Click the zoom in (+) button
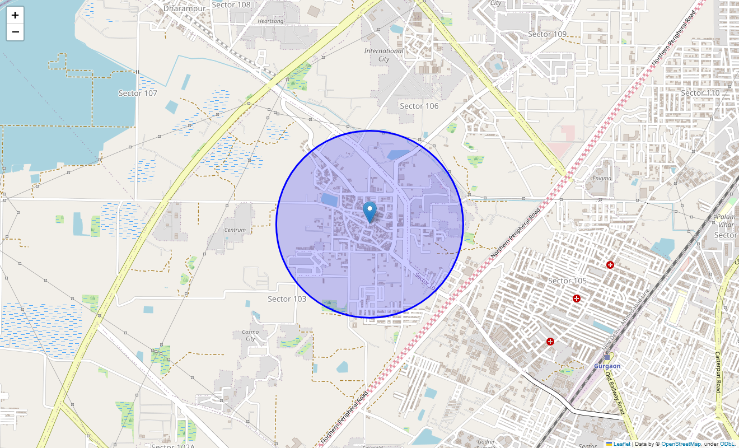point(15,15)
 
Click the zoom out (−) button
point(15,32)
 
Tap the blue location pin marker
point(369,212)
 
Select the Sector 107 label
point(138,93)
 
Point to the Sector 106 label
point(419,106)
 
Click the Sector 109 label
point(548,34)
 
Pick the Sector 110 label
point(700,92)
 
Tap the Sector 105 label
point(567,281)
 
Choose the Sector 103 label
point(287,299)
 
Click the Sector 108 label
point(231,5)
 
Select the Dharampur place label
point(182,9)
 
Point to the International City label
point(383,55)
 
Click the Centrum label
point(235,230)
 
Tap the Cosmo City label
point(250,335)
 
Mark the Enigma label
point(602,178)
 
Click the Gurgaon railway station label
point(607,366)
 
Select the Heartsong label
point(270,21)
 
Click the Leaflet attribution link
point(621,444)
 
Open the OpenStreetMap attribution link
point(680,444)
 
